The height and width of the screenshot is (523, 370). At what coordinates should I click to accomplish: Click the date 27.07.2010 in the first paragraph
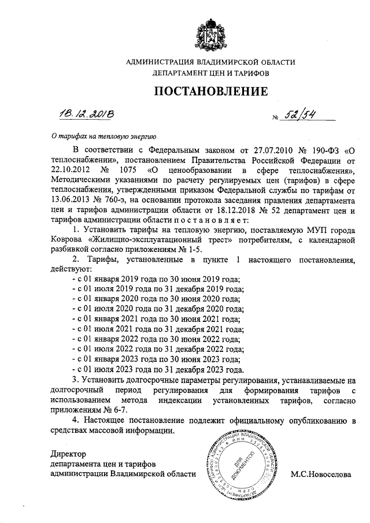[x=255, y=149]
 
